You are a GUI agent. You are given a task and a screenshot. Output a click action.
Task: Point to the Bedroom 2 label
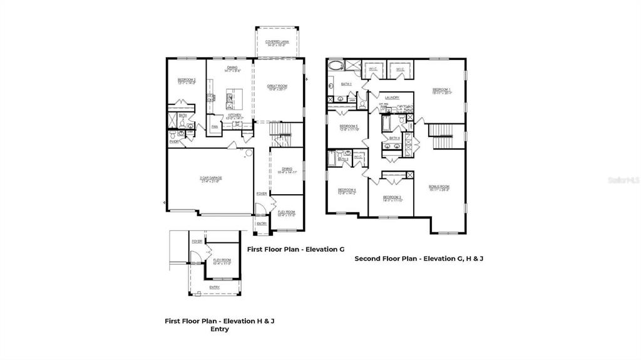[x=187, y=80]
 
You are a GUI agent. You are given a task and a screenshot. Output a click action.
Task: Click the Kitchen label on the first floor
[x=235, y=115]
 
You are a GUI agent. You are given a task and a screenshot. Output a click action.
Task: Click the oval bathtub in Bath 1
[x=336, y=66]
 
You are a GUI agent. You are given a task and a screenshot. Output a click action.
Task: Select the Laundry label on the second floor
[x=392, y=98]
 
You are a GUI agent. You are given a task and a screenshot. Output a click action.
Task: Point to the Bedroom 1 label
[x=442, y=90]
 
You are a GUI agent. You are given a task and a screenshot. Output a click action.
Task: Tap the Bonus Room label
[x=439, y=187]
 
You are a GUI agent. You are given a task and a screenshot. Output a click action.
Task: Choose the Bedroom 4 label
[x=347, y=190]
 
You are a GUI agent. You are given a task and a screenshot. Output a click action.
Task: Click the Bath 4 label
[x=394, y=138]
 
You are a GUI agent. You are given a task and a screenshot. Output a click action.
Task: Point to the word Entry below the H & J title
[x=219, y=329]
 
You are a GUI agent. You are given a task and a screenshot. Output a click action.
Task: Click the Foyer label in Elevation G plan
[x=262, y=193]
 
